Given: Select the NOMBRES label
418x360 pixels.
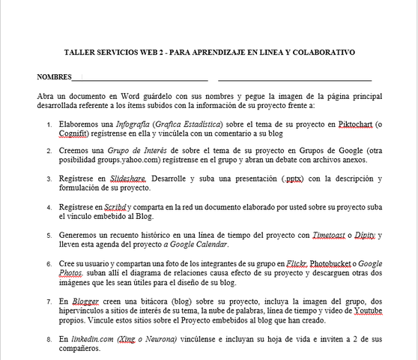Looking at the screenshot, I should click(54, 77).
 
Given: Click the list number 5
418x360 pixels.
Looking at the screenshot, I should click(49, 235).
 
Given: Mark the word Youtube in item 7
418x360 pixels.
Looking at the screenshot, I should click(364, 310).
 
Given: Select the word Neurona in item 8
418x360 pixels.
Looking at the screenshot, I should click(157, 339).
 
